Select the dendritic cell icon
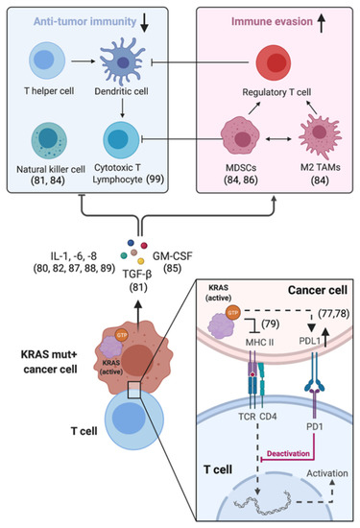pyautogui.click(x=123, y=60)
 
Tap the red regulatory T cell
pyautogui.click(x=273, y=63)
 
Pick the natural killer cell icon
pyautogui.click(x=49, y=140)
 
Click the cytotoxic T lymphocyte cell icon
pyautogui.click(x=121, y=140)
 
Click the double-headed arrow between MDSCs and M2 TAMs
pyautogui.click(x=278, y=138)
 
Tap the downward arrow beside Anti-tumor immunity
pyautogui.click(x=144, y=23)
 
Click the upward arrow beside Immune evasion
pyautogui.click(x=322, y=23)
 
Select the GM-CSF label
pyautogui.click(x=173, y=256)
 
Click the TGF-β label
pyautogui.click(x=137, y=275)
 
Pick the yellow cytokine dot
pyautogui.click(x=141, y=261)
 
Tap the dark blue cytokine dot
pyautogui.click(x=131, y=243)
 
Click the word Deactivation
pyautogui.click(x=288, y=453)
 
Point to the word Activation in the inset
pyautogui.click(x=327, y=473)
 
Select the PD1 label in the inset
pyautogui.click(x=315, y=426)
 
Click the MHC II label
pyautogui.click(x=259, y=342)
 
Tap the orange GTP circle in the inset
pyautogui.click(x=233, y=313)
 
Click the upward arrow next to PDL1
pyautogui.click(x=325, y=338)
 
